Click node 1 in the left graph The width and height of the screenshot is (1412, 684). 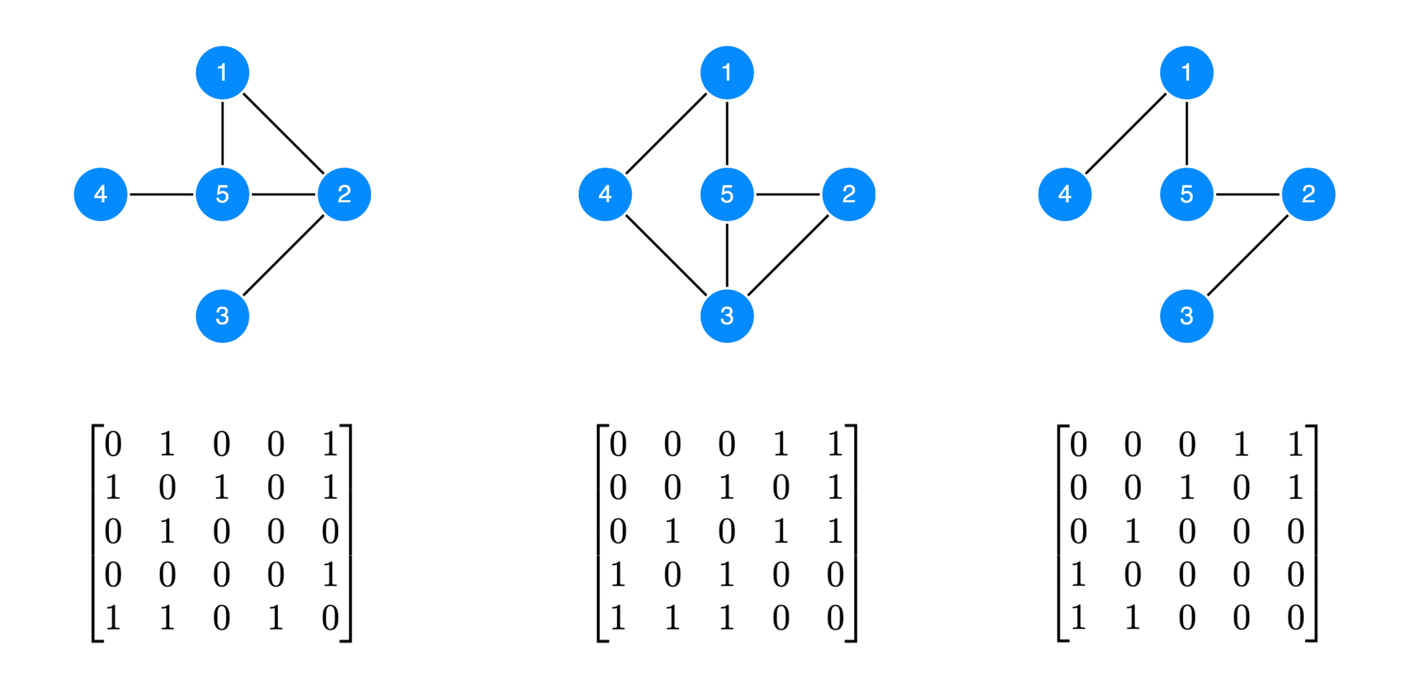coord(222,73)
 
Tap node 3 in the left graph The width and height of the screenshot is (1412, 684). coord(222,316)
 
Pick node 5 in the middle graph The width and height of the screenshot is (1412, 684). coord(727,195)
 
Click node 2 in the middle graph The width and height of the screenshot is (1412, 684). coord(848,195)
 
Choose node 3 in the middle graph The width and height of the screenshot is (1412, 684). coord(727,316)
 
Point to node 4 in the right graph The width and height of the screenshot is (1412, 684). coord(1064,195)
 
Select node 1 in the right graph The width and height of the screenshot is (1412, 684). coord(1186,73)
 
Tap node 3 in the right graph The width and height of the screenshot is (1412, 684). coord(1186,316)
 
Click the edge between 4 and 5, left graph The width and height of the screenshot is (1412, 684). coord(162,195)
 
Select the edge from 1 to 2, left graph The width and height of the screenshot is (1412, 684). coord(283,134)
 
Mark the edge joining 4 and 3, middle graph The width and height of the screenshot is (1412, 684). coord(666,255)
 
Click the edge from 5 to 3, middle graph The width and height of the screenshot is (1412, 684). coord(727,255)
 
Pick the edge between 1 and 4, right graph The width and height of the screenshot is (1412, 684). coord(1125,134)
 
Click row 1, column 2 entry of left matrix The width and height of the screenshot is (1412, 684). coord(167,444)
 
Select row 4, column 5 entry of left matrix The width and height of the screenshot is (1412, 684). coord(330,574)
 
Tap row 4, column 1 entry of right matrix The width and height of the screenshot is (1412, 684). coord(1078,574)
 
